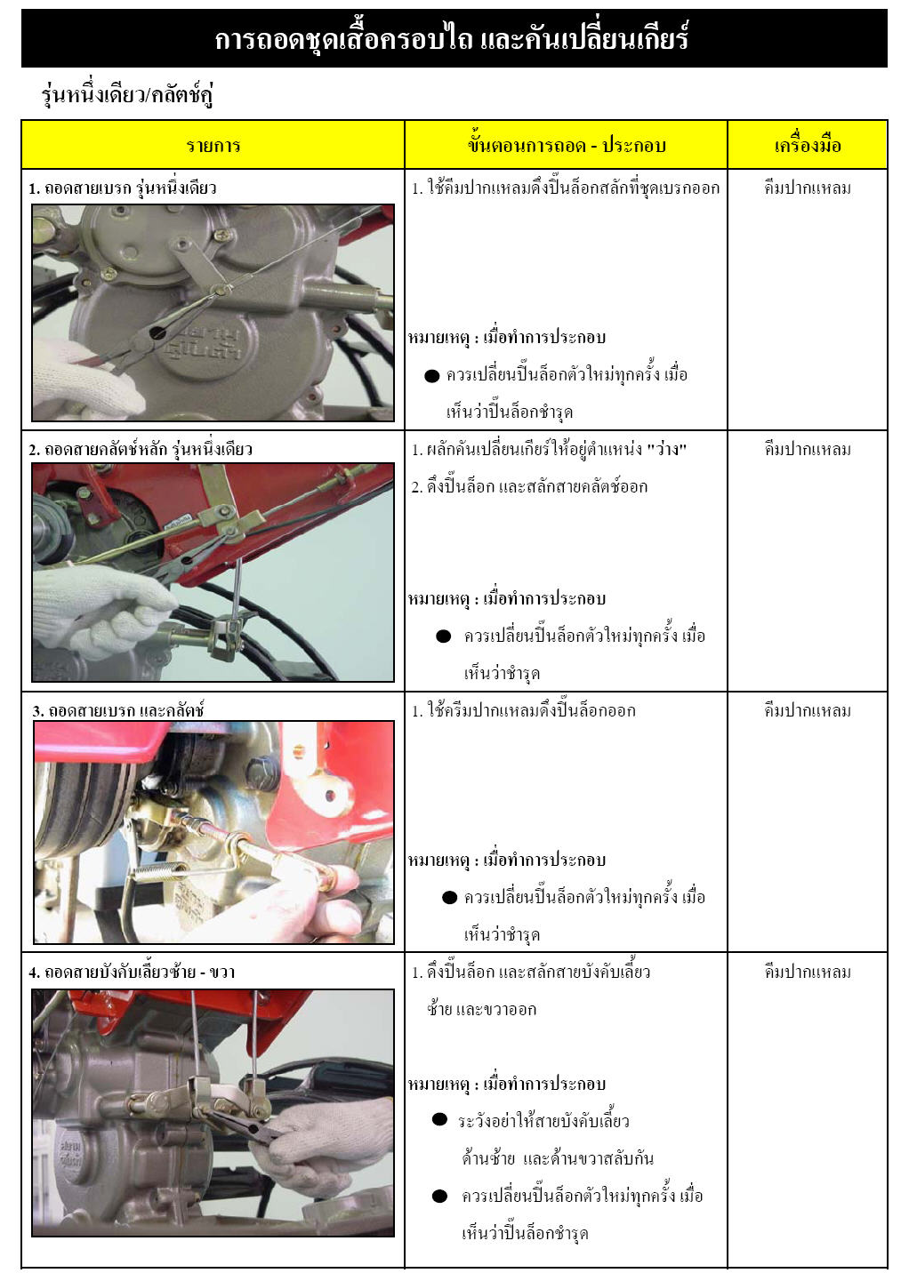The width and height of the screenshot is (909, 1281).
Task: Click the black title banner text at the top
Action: coord(451,39)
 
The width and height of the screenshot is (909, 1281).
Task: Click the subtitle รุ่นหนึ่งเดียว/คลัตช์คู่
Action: coord(127,94)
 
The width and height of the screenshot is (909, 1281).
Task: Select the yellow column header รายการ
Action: coord(213,145)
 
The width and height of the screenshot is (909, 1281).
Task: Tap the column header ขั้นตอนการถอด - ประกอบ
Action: coord(567,145)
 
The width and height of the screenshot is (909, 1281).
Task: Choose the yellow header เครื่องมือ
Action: coord(808,145)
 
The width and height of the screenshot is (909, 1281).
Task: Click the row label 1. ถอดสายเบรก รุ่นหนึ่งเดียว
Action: coord(123,188)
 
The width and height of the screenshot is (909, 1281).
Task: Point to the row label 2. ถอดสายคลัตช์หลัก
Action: coord(141,449)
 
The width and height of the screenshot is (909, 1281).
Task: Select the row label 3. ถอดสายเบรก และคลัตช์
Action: coord(118,710)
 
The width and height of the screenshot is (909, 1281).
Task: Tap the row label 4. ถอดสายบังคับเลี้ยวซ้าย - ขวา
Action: coord(133,972)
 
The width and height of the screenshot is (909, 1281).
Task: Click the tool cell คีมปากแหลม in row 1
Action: coord(808,188)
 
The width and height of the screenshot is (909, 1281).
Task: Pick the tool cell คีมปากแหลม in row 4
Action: coord(808,972)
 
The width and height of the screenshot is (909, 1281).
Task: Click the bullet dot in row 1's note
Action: coord(432,376)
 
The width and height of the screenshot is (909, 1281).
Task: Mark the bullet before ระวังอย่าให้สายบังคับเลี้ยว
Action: coord(439,1119)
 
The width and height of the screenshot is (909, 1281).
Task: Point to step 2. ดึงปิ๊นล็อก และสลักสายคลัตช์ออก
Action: coord(529,486)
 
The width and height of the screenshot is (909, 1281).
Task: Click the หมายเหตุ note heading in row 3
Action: coord(506,860)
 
